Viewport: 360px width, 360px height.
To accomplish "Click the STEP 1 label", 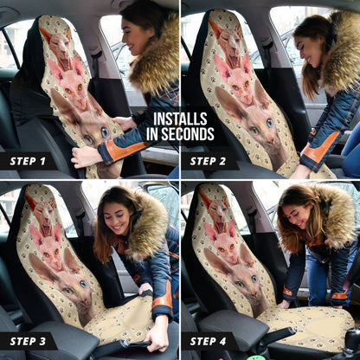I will point(28,161).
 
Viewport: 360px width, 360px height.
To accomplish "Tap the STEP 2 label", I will point(209,161).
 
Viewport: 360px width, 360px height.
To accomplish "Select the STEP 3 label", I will point(28,341).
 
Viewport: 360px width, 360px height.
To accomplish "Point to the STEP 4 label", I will point(209,341).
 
